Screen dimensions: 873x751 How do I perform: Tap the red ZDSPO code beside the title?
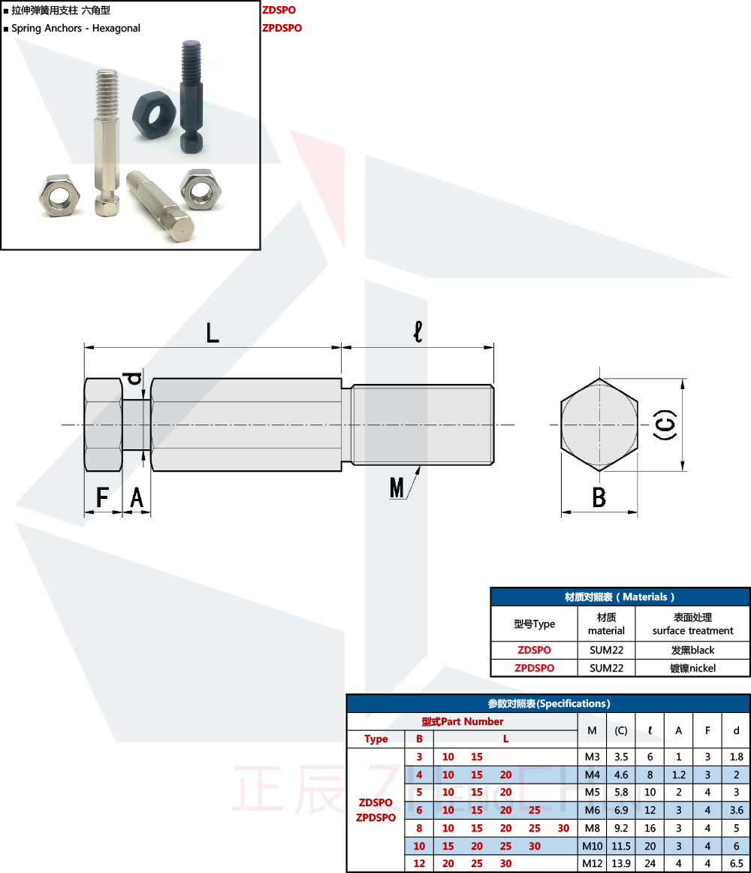coord(279,11)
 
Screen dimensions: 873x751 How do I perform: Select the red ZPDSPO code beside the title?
coord(282,28)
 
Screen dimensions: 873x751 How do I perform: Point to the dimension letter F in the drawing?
coord(103,497)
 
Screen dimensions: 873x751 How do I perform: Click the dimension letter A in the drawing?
coord(137,497)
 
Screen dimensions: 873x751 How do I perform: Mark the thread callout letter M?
coord(397,488)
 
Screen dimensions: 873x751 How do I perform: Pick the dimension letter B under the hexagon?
coord(599,497)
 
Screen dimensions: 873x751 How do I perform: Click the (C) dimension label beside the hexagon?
coord(665,425)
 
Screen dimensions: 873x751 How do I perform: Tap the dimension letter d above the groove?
coord(134,379)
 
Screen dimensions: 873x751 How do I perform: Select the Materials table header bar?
coord(620,597)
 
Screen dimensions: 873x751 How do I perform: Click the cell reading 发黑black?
coord(692,650)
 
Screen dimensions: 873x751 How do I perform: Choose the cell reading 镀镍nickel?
coord(692,668)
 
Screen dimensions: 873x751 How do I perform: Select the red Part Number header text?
coord(462,722)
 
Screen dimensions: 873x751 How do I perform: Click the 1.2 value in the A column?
coord(678,775)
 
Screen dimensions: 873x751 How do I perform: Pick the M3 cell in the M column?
coord(592,757)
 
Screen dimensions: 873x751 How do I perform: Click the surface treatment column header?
coord(692,624)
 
